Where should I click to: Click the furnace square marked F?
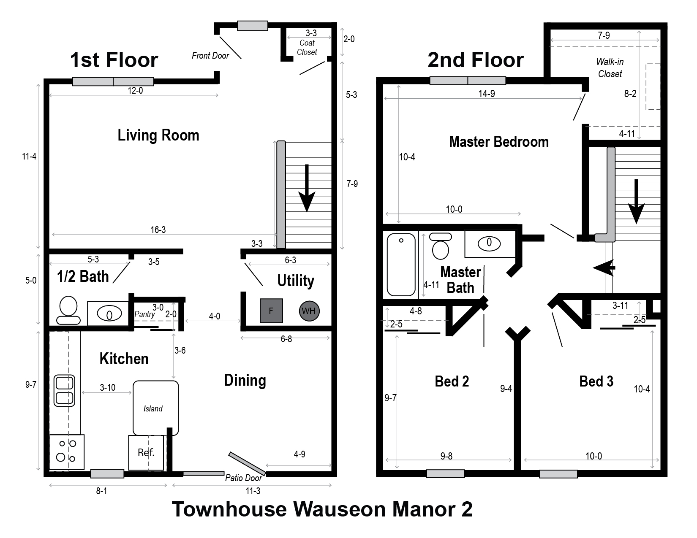[271, 311]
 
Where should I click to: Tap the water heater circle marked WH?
[309, 311]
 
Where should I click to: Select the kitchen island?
[155, 408]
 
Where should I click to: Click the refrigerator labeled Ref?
[146, 452]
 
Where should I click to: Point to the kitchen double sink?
[64, 391]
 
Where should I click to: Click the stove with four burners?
[67, 452]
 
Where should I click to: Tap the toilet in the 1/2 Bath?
[68, 310]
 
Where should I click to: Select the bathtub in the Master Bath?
[401, 265]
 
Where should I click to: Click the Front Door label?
[210, 56]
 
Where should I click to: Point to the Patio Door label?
[243, 478]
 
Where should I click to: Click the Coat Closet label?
[307, 47]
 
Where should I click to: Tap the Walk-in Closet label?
[610, 68]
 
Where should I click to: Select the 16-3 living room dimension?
[158, 230]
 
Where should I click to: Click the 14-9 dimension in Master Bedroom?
[487, 94]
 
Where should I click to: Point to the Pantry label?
[144, 314]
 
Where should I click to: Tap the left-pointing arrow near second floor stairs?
[604, 268]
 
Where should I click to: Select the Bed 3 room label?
[596, 381]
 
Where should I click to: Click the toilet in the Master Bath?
[441, 246]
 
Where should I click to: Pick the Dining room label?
[245, 381]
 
